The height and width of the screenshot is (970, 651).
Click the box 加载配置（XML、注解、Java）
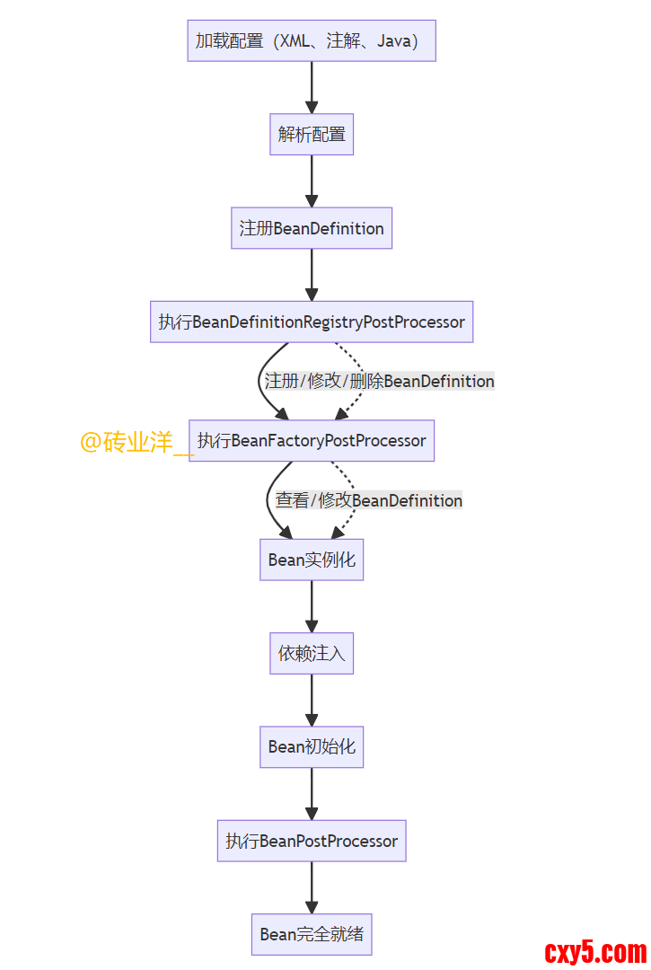click(x=311, y=40)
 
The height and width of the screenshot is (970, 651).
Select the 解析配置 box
click(x=312, y=135)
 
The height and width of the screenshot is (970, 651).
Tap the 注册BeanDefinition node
click(x=312, y=228)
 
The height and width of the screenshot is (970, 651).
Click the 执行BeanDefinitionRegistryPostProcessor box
click(x=312, y=322)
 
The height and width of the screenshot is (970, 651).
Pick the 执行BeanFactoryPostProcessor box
click(x=312, y=441)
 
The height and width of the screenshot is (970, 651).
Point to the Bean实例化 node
click(x=312, y=560)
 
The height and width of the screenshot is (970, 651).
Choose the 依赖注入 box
click(x=312, y=653)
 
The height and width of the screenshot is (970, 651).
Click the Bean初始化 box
click(x=312, y=746)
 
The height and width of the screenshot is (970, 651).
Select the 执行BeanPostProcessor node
click(x=312, y=841)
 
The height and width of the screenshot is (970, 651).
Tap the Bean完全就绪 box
click(x=312, y=934)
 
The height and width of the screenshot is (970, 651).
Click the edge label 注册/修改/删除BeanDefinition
click(x=379, y=381)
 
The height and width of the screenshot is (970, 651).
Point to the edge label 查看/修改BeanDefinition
click(x=369, y=500)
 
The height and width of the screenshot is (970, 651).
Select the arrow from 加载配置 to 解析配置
click(x=312, y=87)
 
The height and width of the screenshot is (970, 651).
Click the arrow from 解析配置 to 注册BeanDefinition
click(x=312, y=181)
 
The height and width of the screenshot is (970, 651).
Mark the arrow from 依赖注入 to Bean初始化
click(x=312, y=700)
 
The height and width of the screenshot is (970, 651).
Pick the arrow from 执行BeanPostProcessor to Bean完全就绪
click(x=312, y=887)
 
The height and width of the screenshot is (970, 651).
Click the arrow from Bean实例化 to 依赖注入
click(x=312, y=606)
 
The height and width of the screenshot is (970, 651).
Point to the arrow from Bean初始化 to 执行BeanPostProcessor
click(x=312, y=793)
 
